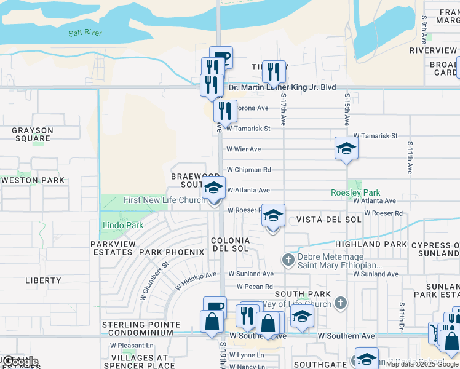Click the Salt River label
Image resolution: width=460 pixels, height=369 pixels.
coord(85,33)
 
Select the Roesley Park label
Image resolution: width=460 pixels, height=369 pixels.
coord(355,192)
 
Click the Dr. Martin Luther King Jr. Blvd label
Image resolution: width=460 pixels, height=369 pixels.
coord(282,87)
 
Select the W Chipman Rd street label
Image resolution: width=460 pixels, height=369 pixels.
coord(249,170)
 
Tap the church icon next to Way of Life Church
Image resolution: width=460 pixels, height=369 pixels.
coord(341,303)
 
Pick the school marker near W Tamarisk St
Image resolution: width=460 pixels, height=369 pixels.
coord(346,148)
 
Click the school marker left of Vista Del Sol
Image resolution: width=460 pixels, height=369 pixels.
coord(273,216)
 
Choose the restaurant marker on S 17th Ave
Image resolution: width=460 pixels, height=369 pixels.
coord(274,72)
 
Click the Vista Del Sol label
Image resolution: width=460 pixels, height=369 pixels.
coord(329,220)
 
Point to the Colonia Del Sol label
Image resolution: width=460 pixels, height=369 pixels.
coord(231,244)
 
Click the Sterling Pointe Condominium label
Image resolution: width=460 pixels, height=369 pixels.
coord(141,328)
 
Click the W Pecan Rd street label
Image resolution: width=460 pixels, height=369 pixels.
coord(255,287)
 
